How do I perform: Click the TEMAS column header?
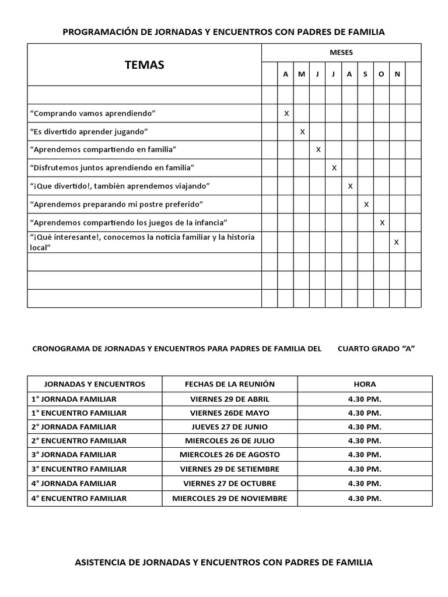point(145,65)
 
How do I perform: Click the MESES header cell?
point(341,52)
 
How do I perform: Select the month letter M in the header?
point(302,74)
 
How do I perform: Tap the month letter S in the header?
point(365,74)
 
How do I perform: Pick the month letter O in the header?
point(381,74)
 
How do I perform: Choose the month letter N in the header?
point(397,74)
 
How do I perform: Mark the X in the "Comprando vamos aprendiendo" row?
point(286,114)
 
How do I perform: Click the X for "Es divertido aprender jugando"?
point(302,132)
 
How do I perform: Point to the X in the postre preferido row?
point(366,205)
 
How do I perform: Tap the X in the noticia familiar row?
point(397,242)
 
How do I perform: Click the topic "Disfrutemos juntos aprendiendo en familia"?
point(111,168)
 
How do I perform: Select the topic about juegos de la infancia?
point(128,223)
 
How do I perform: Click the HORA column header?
point(365,384)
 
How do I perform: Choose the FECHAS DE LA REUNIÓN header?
point(229,384)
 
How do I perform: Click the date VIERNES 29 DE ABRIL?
point(229,399)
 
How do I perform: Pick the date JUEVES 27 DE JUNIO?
point(229,427)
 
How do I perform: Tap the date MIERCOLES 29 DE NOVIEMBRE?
point(229,498)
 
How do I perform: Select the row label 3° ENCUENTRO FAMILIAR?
point(79,469)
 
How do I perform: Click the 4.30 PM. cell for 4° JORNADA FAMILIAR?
point(365,483)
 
